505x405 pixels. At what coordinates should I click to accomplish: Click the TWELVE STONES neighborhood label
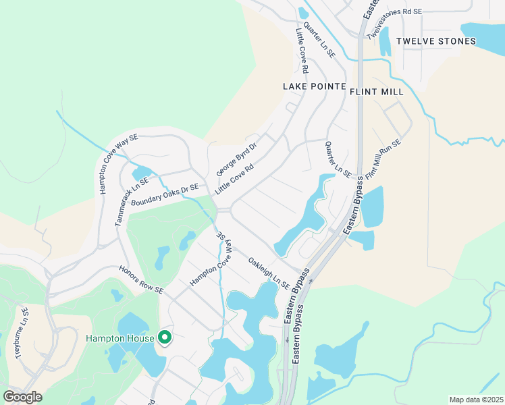[x=435, y=42]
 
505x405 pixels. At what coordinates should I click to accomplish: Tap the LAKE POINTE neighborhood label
[x=314, y=87]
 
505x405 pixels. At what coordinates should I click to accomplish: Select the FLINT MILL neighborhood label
[x=377, y=92]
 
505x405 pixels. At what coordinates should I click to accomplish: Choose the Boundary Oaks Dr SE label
[x=165, y=196]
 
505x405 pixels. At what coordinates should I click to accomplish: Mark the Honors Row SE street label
[x=141, y=279]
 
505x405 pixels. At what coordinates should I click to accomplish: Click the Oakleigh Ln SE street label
[x=268, y=273]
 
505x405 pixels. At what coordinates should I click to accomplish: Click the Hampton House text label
[x=119, y=337]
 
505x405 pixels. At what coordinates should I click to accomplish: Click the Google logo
[x=22, y=397]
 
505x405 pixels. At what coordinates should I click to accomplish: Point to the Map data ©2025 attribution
[x=475, y=400]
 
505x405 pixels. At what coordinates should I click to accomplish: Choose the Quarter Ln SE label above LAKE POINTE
[x=318, y=39]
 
